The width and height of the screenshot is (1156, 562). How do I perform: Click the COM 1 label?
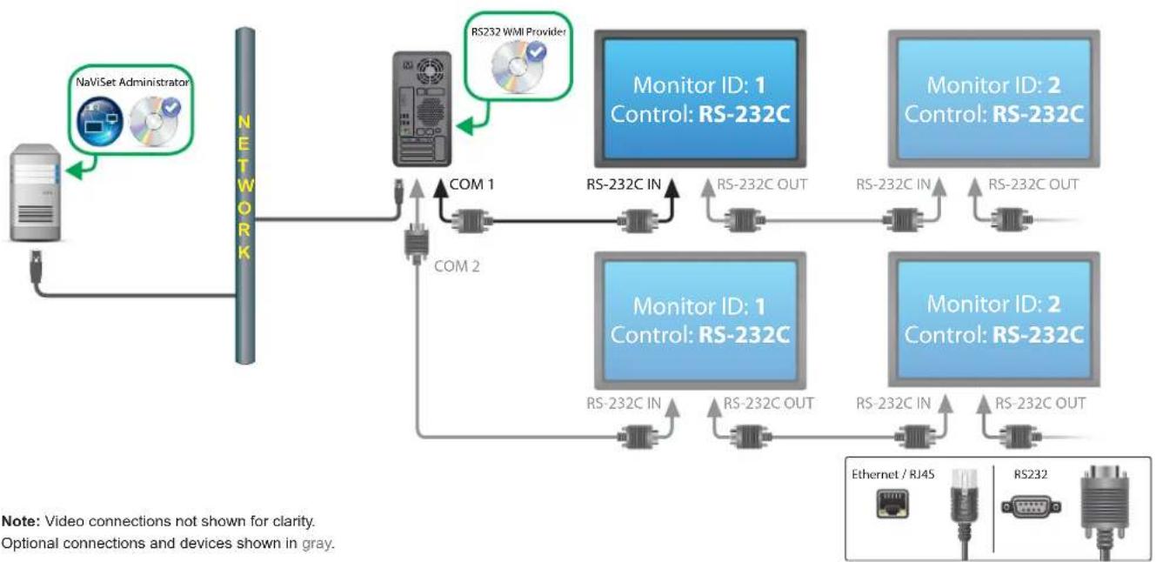471,184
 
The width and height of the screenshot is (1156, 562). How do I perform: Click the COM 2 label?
456,266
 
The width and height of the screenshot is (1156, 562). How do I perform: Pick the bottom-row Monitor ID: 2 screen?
994,319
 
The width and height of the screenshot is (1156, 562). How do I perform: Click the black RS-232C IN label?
625,184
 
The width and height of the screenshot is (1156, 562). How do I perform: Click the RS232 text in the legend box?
1027,475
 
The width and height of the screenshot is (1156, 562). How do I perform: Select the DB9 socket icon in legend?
1031,507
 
